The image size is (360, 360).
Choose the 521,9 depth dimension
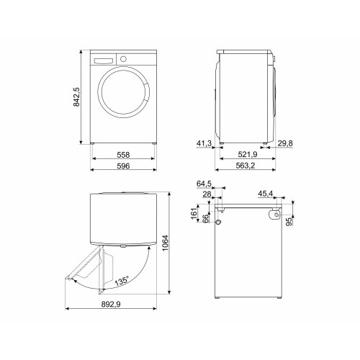248,155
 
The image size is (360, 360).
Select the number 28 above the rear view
207,194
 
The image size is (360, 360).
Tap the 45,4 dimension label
265,194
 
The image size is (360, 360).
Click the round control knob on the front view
122,58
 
